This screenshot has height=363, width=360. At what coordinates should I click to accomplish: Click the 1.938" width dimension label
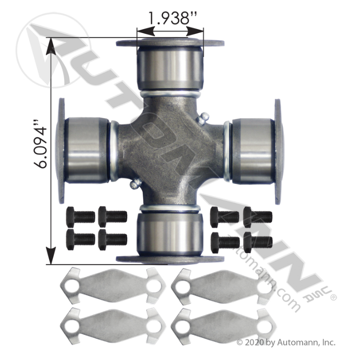pyautogui.click(x=172, y=18)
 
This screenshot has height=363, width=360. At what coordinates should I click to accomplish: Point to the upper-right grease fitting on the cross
pyautogui.click(x=203, y=118)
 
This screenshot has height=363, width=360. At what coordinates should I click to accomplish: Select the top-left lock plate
pyautogui.click(x=113, y=285)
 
